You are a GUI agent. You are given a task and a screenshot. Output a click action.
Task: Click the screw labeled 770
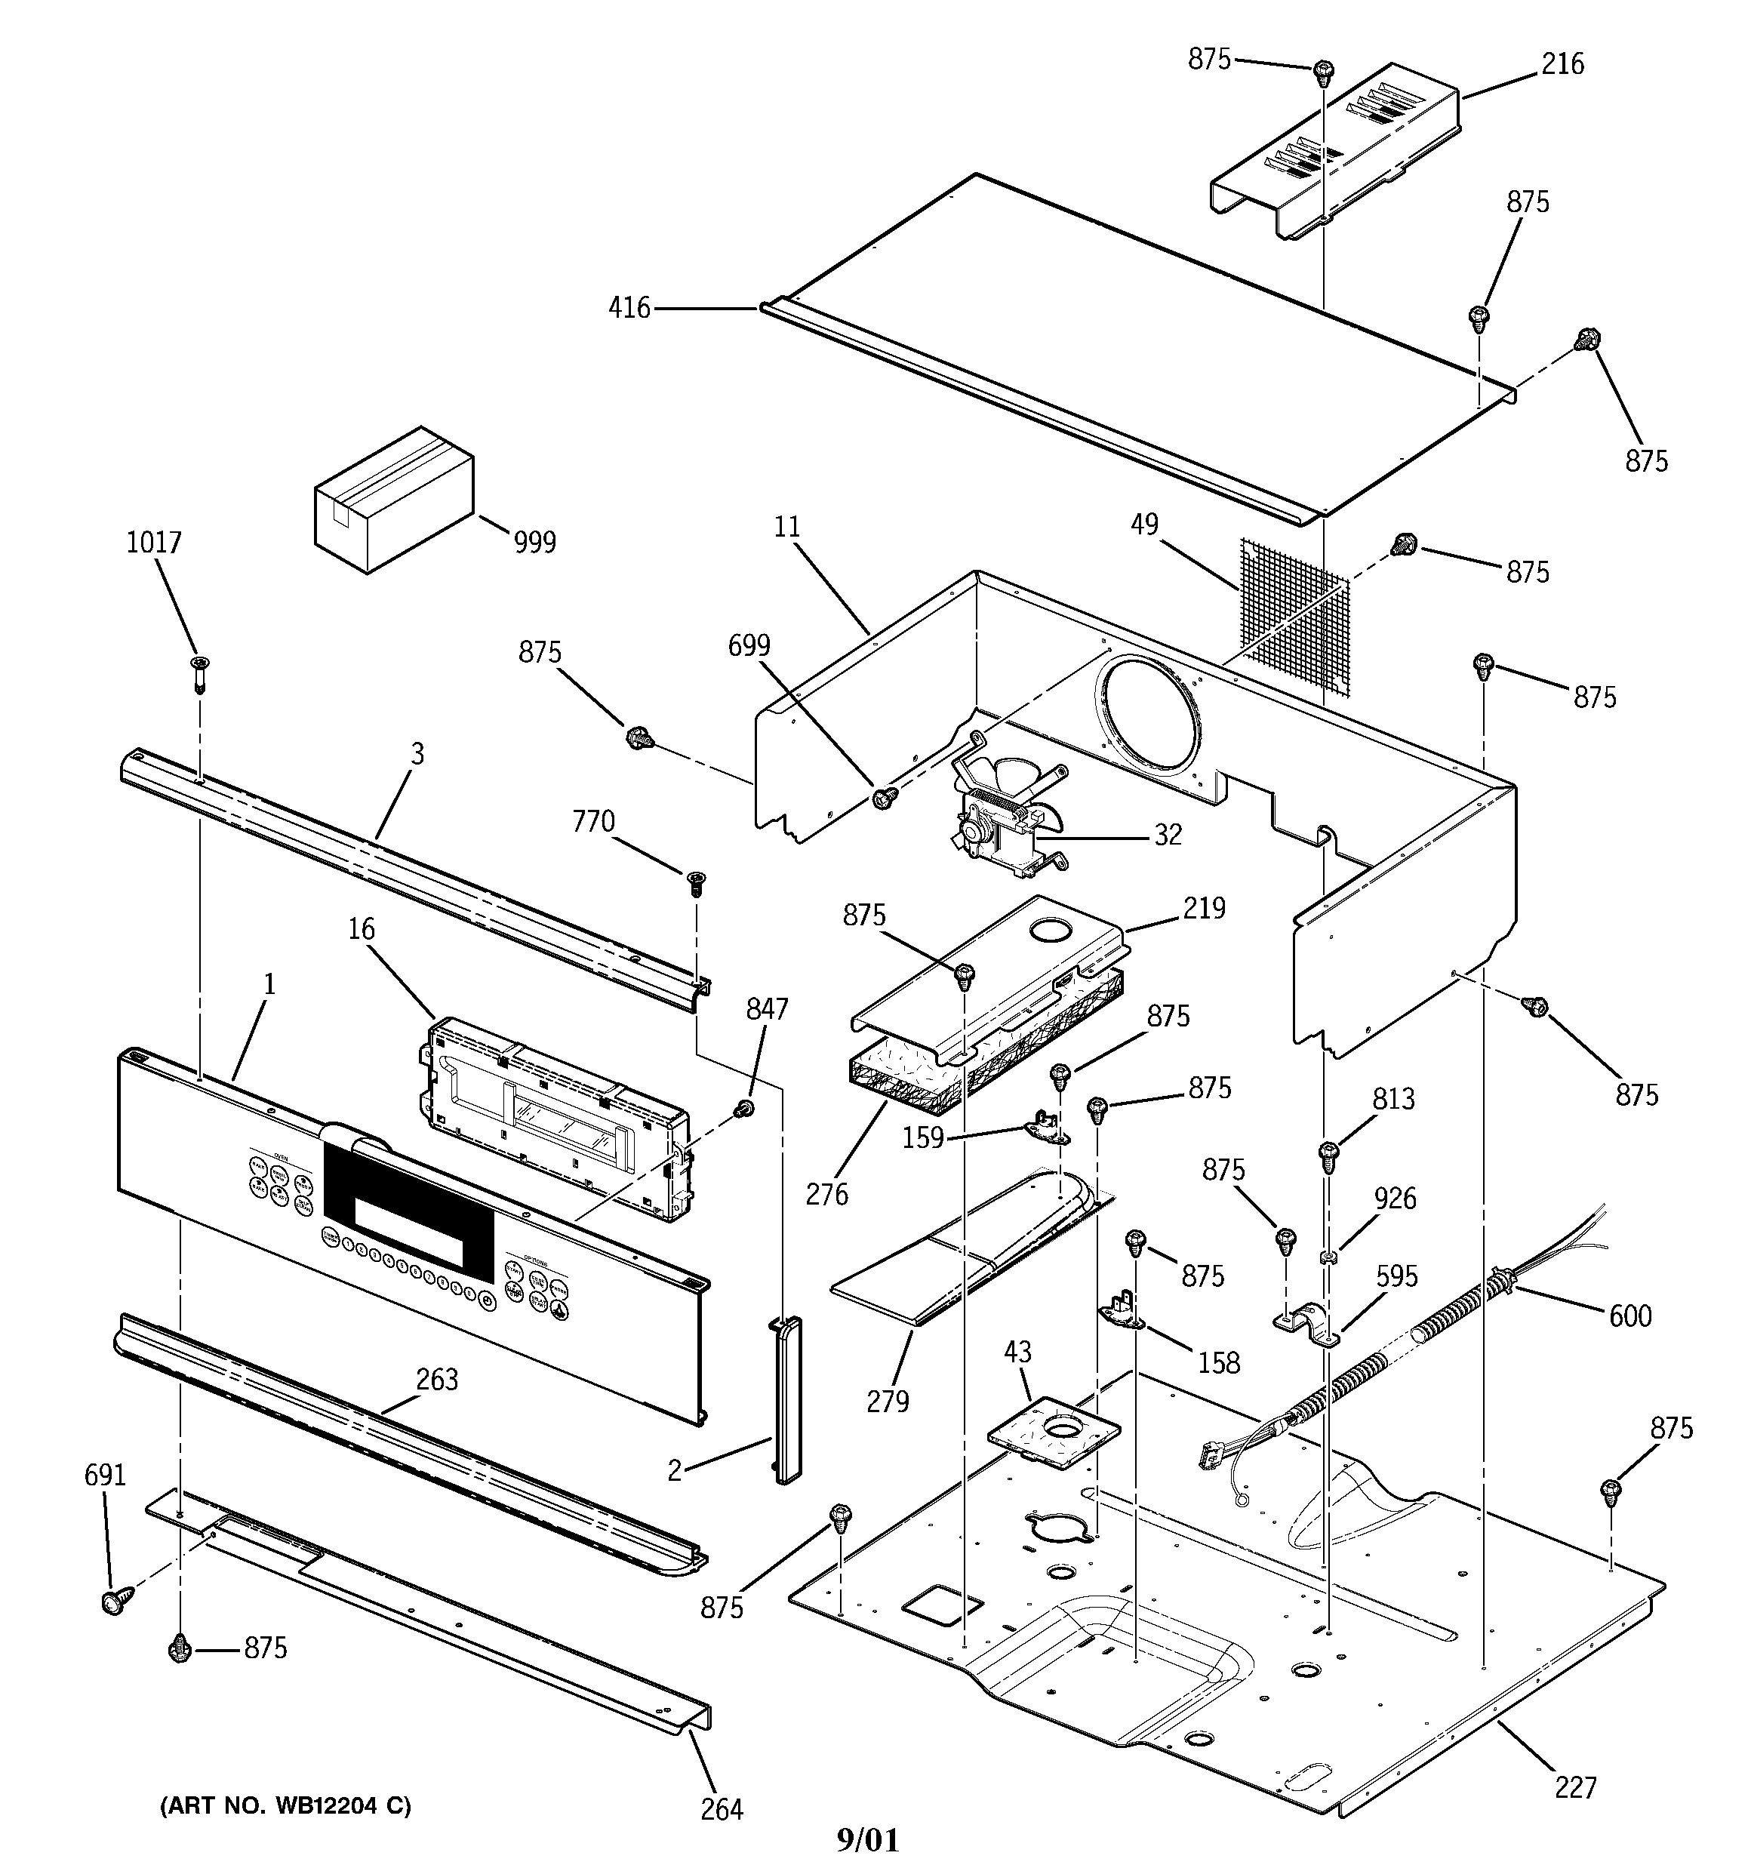[x=696, y=882]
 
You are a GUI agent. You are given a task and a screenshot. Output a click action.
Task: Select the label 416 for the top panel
[x=629, y=307]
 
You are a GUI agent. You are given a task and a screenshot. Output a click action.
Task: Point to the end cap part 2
[x=786, y=1400]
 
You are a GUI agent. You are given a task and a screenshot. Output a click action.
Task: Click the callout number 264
[x=721, y=1809]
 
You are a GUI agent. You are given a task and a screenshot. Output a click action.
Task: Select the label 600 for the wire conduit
[x=1629, y=1316]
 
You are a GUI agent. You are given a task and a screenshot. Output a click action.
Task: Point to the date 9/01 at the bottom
[x=866, y=1840]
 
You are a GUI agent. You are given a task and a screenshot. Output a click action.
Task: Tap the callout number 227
[x=1574, y=1786]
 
